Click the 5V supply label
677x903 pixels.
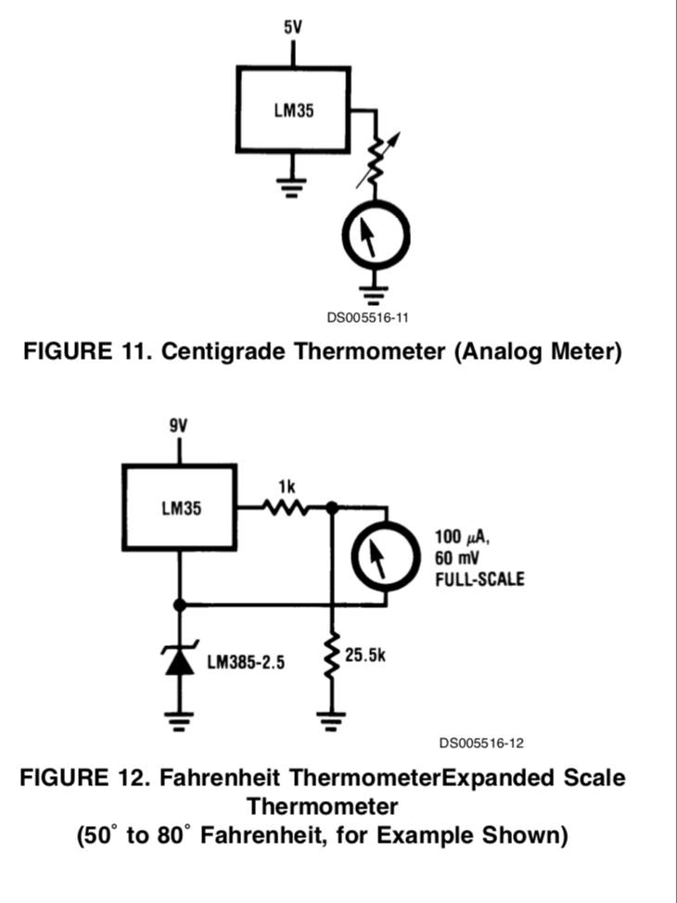tap(292, 28)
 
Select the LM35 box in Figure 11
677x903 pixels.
tap(294, 108)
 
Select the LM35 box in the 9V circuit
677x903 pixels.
tap(180, 509)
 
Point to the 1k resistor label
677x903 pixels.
tap(284, 485)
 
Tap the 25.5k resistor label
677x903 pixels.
tap(365, 655)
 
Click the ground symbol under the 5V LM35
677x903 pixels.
tap(294, 188)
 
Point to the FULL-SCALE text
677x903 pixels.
tap(479, 579)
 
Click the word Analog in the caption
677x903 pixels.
tap(505, 353)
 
